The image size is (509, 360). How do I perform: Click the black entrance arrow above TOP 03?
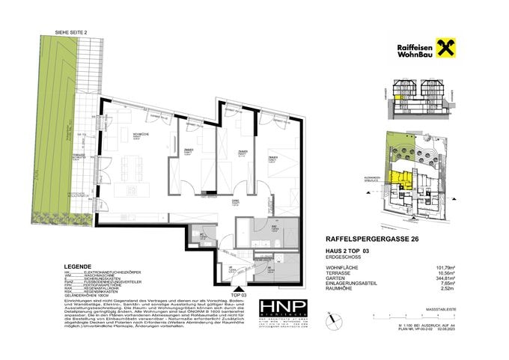(x=239, y=289)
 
